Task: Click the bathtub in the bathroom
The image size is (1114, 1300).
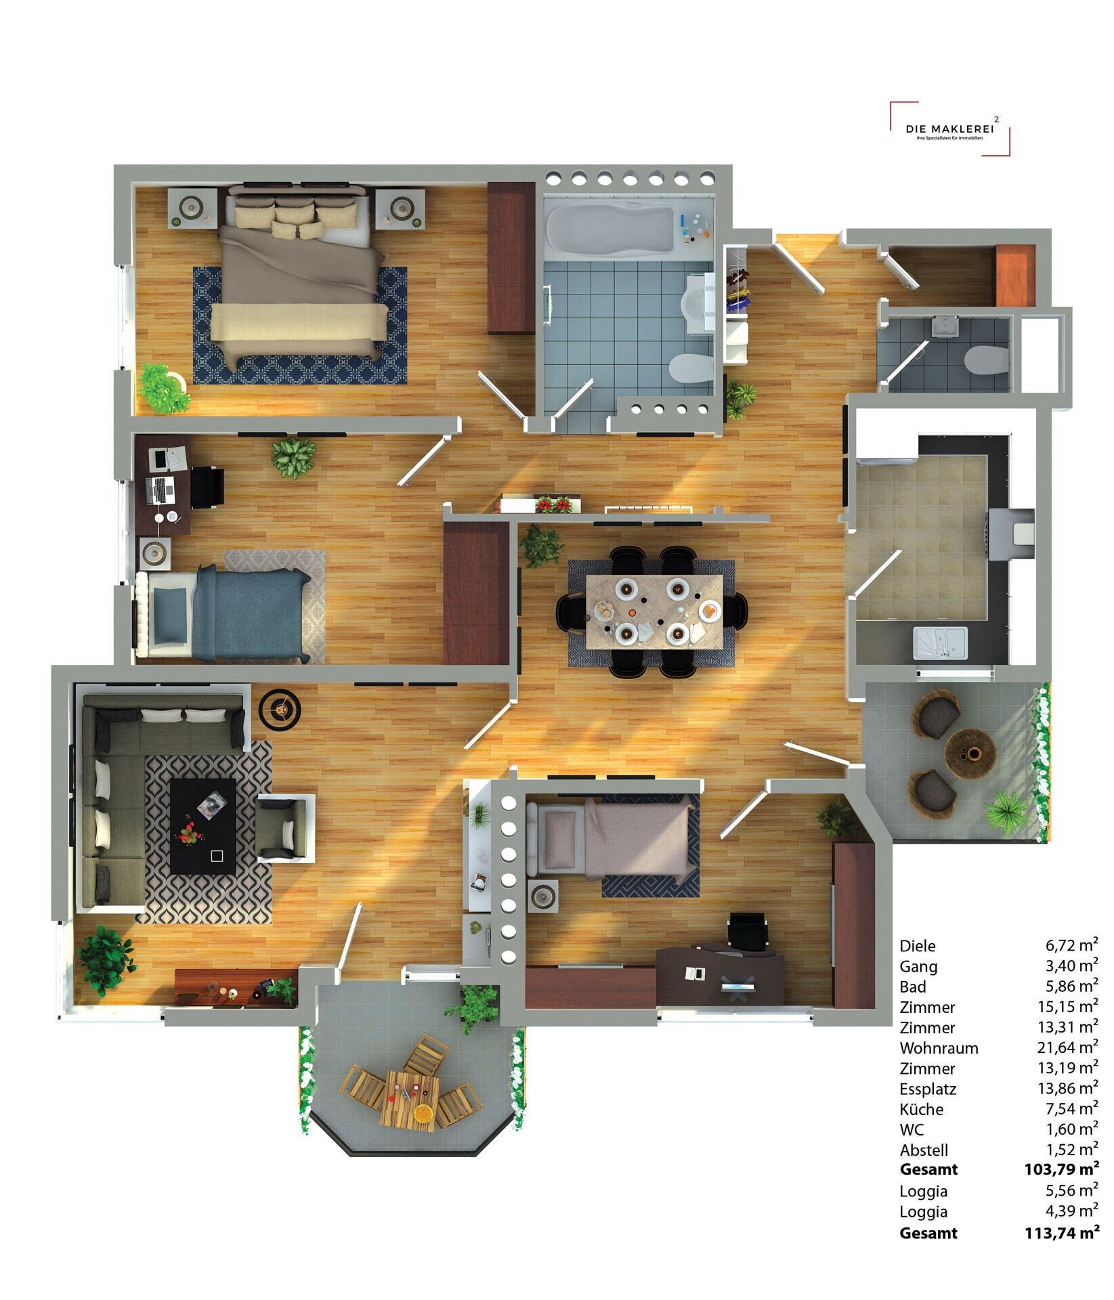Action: click(x=609, y=230)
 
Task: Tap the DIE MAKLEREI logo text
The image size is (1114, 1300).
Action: click(x=949, y=129)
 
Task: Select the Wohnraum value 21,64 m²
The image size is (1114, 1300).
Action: click(x=1067, y=1047)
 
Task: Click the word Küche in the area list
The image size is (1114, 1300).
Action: click(x=921, y=1109)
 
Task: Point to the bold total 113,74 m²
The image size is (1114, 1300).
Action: click(x=1061, y=1233)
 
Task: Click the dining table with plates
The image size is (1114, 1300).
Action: click(x=654, y=611)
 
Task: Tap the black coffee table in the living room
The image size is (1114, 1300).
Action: click(x=202, y=826)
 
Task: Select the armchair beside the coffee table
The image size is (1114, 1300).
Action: click(x=286, y=827)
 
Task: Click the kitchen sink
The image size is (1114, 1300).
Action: click(x=940, y=643)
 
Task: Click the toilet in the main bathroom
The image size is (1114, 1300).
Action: click(x=691, y=368)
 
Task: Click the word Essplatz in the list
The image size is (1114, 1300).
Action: click(x=928, y=1089)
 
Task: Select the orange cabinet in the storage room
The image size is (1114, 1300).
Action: click(x=1015, y=276)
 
